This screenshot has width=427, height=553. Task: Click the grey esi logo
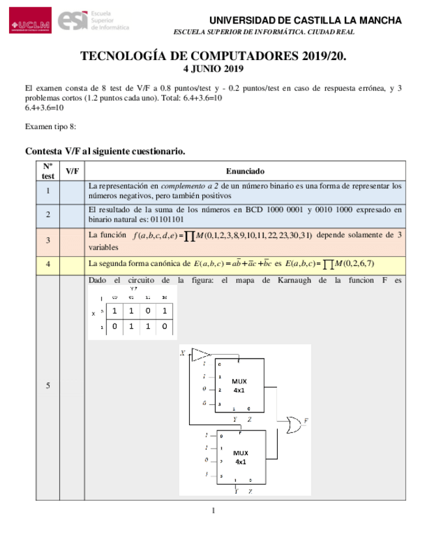point(93,22)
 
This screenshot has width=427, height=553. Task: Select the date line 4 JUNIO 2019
point(213,68)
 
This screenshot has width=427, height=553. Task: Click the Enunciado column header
point(245,171)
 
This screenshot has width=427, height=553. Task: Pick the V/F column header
point(72,171)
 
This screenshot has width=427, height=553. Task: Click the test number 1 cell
point(48,190)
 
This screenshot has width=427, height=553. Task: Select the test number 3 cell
point(48,241)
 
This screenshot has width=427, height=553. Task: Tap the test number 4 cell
point(48,264)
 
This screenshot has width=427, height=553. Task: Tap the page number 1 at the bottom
point(213,510)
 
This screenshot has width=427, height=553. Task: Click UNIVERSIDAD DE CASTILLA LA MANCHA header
point(305,20)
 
